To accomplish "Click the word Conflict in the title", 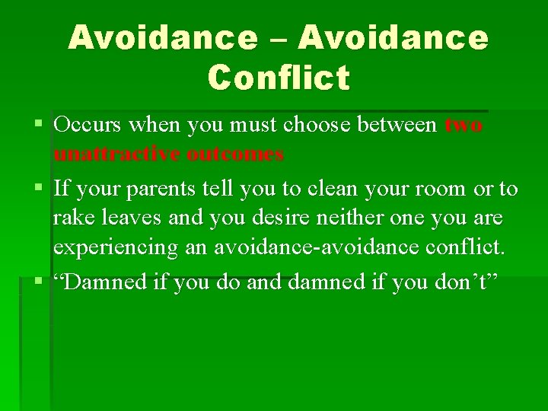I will [x=278, y=77].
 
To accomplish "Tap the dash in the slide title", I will [x=278, y=38].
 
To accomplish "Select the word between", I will [x=400, y=124].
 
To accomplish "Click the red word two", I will [x=463, y=124].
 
